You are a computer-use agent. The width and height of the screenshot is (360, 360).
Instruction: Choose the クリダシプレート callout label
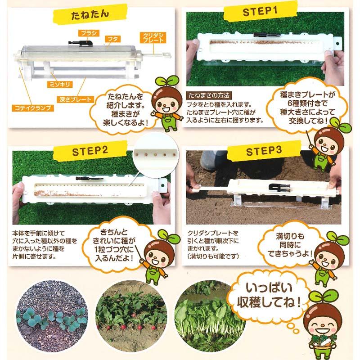click(154, 37)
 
